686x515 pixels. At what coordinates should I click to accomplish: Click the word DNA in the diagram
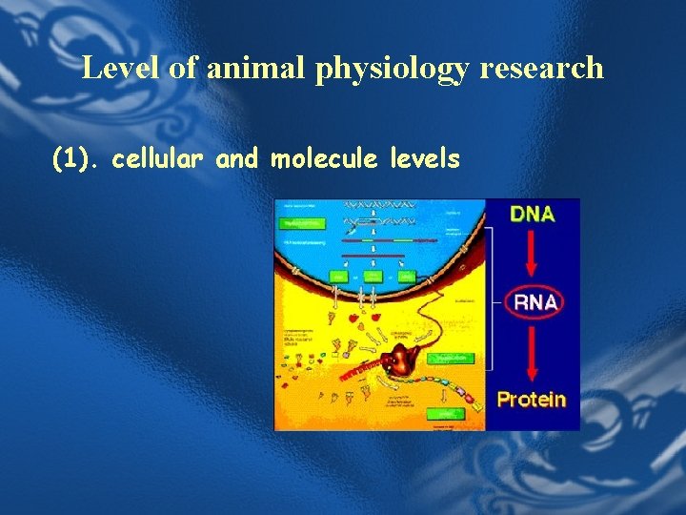(x=533, y=214)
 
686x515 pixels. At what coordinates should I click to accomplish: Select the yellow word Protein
(x=532, y=399)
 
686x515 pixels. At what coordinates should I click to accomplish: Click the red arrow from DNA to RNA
(x=533, y=255)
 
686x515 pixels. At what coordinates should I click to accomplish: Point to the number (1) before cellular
(x=76, y=159)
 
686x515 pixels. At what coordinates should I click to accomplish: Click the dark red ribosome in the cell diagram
(x=409, y=360)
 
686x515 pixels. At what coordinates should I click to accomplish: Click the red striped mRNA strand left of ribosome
(x=362, y=369)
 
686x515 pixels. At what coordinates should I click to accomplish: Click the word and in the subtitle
(x=237, y=159)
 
